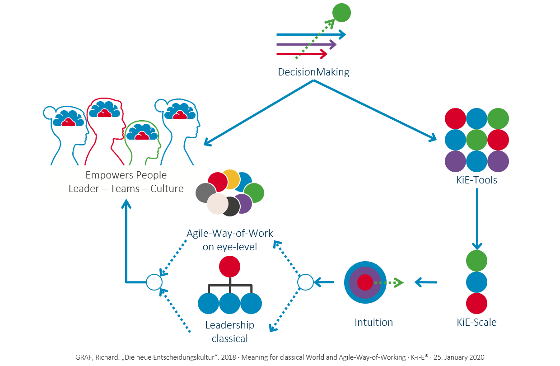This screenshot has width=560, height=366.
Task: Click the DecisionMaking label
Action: pos(313,72)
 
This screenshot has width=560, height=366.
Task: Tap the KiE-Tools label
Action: pos(476,180)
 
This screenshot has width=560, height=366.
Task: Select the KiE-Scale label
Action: pos(476,322)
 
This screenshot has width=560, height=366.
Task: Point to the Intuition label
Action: pos(373,322)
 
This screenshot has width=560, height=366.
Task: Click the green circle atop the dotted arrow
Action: pos(341,12)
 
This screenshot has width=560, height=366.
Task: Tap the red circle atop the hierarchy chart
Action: pos(229,267)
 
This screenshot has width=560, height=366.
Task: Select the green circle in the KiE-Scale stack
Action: pos(476,261)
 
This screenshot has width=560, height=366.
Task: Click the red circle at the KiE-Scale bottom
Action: pos(476,303)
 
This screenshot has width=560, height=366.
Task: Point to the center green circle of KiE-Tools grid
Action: pos(476,140)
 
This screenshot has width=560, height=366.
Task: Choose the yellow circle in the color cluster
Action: pos(231,179)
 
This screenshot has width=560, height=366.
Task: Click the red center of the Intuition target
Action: pos(364,282)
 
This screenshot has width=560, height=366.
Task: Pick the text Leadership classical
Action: pos(229,331)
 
